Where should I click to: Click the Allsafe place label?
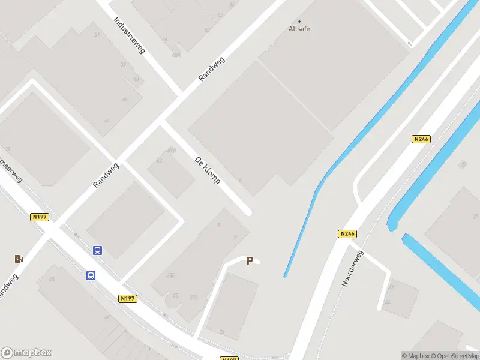coord(299,29)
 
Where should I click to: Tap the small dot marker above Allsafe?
coord(299,21)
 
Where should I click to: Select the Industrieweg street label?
coord(130,35)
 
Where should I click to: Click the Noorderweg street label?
coord(353,268)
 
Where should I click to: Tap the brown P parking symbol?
coord(250,261)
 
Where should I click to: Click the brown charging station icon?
coord(19,259)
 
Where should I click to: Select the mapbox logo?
coord(27,353)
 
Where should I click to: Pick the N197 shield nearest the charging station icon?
coord(39,217)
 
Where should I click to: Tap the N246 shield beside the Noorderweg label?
coord(347,234)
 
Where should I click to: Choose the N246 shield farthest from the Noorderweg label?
coord(421,139)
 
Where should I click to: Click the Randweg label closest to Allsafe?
coord(211,70)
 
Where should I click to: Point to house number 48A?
coord(176,55)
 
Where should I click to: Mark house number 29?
coord(222,332)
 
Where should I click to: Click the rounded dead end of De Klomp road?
coord(247,211)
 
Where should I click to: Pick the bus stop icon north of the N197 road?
coord(97,251)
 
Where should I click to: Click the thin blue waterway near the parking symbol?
coord(300,234)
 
